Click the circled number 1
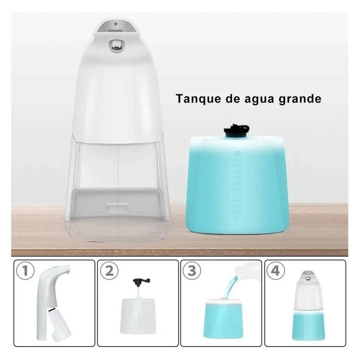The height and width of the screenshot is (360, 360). click(x=25, y=271)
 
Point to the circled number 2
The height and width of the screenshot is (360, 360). click(x=109, y=271)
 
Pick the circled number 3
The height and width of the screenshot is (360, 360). click(x=192, y=271)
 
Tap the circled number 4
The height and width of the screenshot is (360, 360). click(x=276, y=271)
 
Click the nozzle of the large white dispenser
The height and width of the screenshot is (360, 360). click(x=116, y=44)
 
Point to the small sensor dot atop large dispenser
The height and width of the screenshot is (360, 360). click(x=116, y=24)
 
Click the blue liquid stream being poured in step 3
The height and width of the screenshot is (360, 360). click(x=230, y=287)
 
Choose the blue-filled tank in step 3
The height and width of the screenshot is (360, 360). click(x=223, y=318)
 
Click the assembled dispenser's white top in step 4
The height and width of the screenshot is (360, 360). click(x=308, y=291)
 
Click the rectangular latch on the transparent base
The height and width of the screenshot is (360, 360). click(x=117, y=208)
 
